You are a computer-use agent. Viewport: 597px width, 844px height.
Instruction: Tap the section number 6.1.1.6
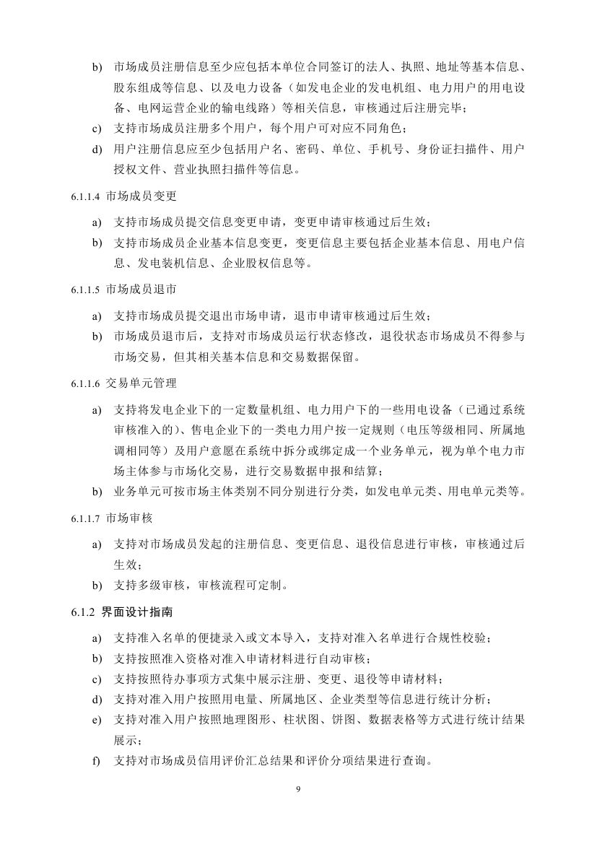[86, 383]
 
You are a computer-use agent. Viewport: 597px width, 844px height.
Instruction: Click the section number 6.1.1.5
[86, 289]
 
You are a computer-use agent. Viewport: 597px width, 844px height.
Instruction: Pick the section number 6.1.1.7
[86, 519]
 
